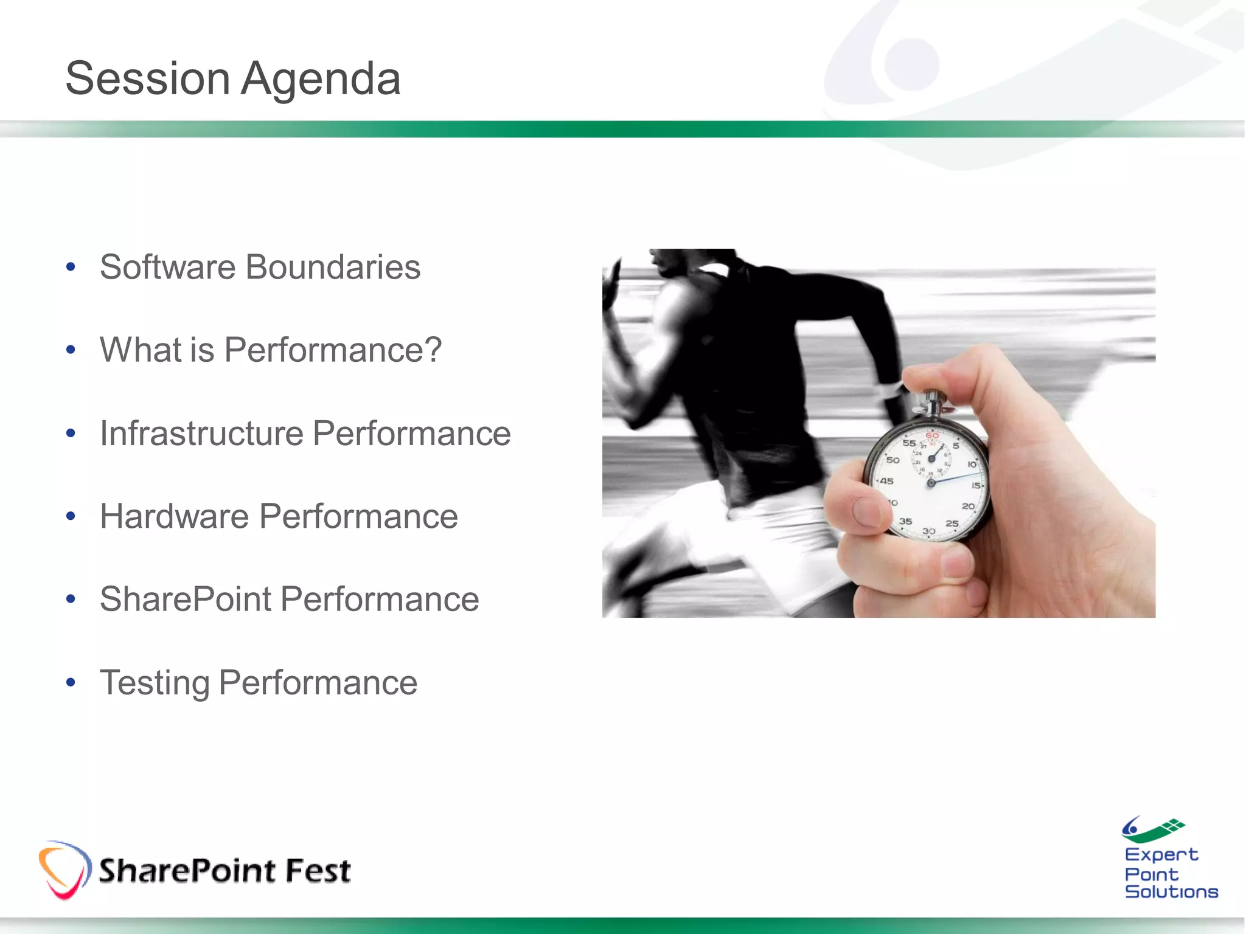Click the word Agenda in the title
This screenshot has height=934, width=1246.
321,79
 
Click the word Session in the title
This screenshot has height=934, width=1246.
147,79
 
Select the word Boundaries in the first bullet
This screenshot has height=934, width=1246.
332,267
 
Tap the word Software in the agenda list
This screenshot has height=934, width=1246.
167,267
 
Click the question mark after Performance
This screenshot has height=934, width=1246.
432,350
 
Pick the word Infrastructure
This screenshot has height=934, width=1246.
201,433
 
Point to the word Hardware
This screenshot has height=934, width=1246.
174,516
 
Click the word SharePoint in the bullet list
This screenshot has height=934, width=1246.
186,599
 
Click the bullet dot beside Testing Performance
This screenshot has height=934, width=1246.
71,683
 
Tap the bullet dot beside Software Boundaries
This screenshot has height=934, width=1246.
71,267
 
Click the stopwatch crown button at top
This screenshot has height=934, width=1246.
933,401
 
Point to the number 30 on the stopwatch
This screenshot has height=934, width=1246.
928,531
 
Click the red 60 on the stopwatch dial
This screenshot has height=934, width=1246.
932,435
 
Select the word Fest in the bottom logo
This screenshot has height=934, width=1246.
318,870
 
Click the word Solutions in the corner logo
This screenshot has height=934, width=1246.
1171,892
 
